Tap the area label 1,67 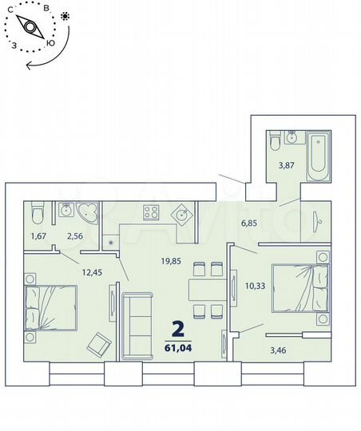click(38, 236)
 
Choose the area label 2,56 click(74, 236)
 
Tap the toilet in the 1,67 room click(36, 214)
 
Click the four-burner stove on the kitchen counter click(151, 212)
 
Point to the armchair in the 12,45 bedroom click(100, 344)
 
